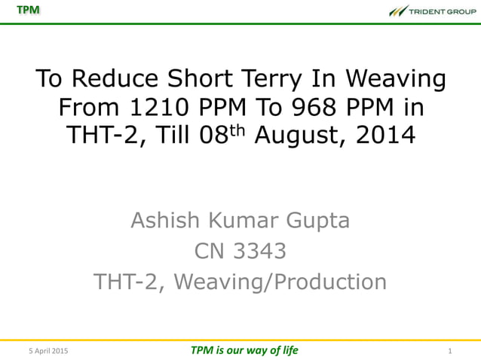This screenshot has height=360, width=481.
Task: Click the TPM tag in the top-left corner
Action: [x=29, y=10]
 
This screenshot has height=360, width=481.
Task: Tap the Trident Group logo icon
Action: [x=397, y=11]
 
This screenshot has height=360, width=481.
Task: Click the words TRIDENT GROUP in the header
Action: [x=443, y=11]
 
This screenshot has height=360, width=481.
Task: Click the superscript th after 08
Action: [x=240, y=130]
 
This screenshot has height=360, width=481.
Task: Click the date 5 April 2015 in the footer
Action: [x=47, y=351]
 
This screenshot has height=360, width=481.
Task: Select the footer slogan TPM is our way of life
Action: [x=244, y=350]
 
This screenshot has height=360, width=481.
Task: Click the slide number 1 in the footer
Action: [x=449, y=351]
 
